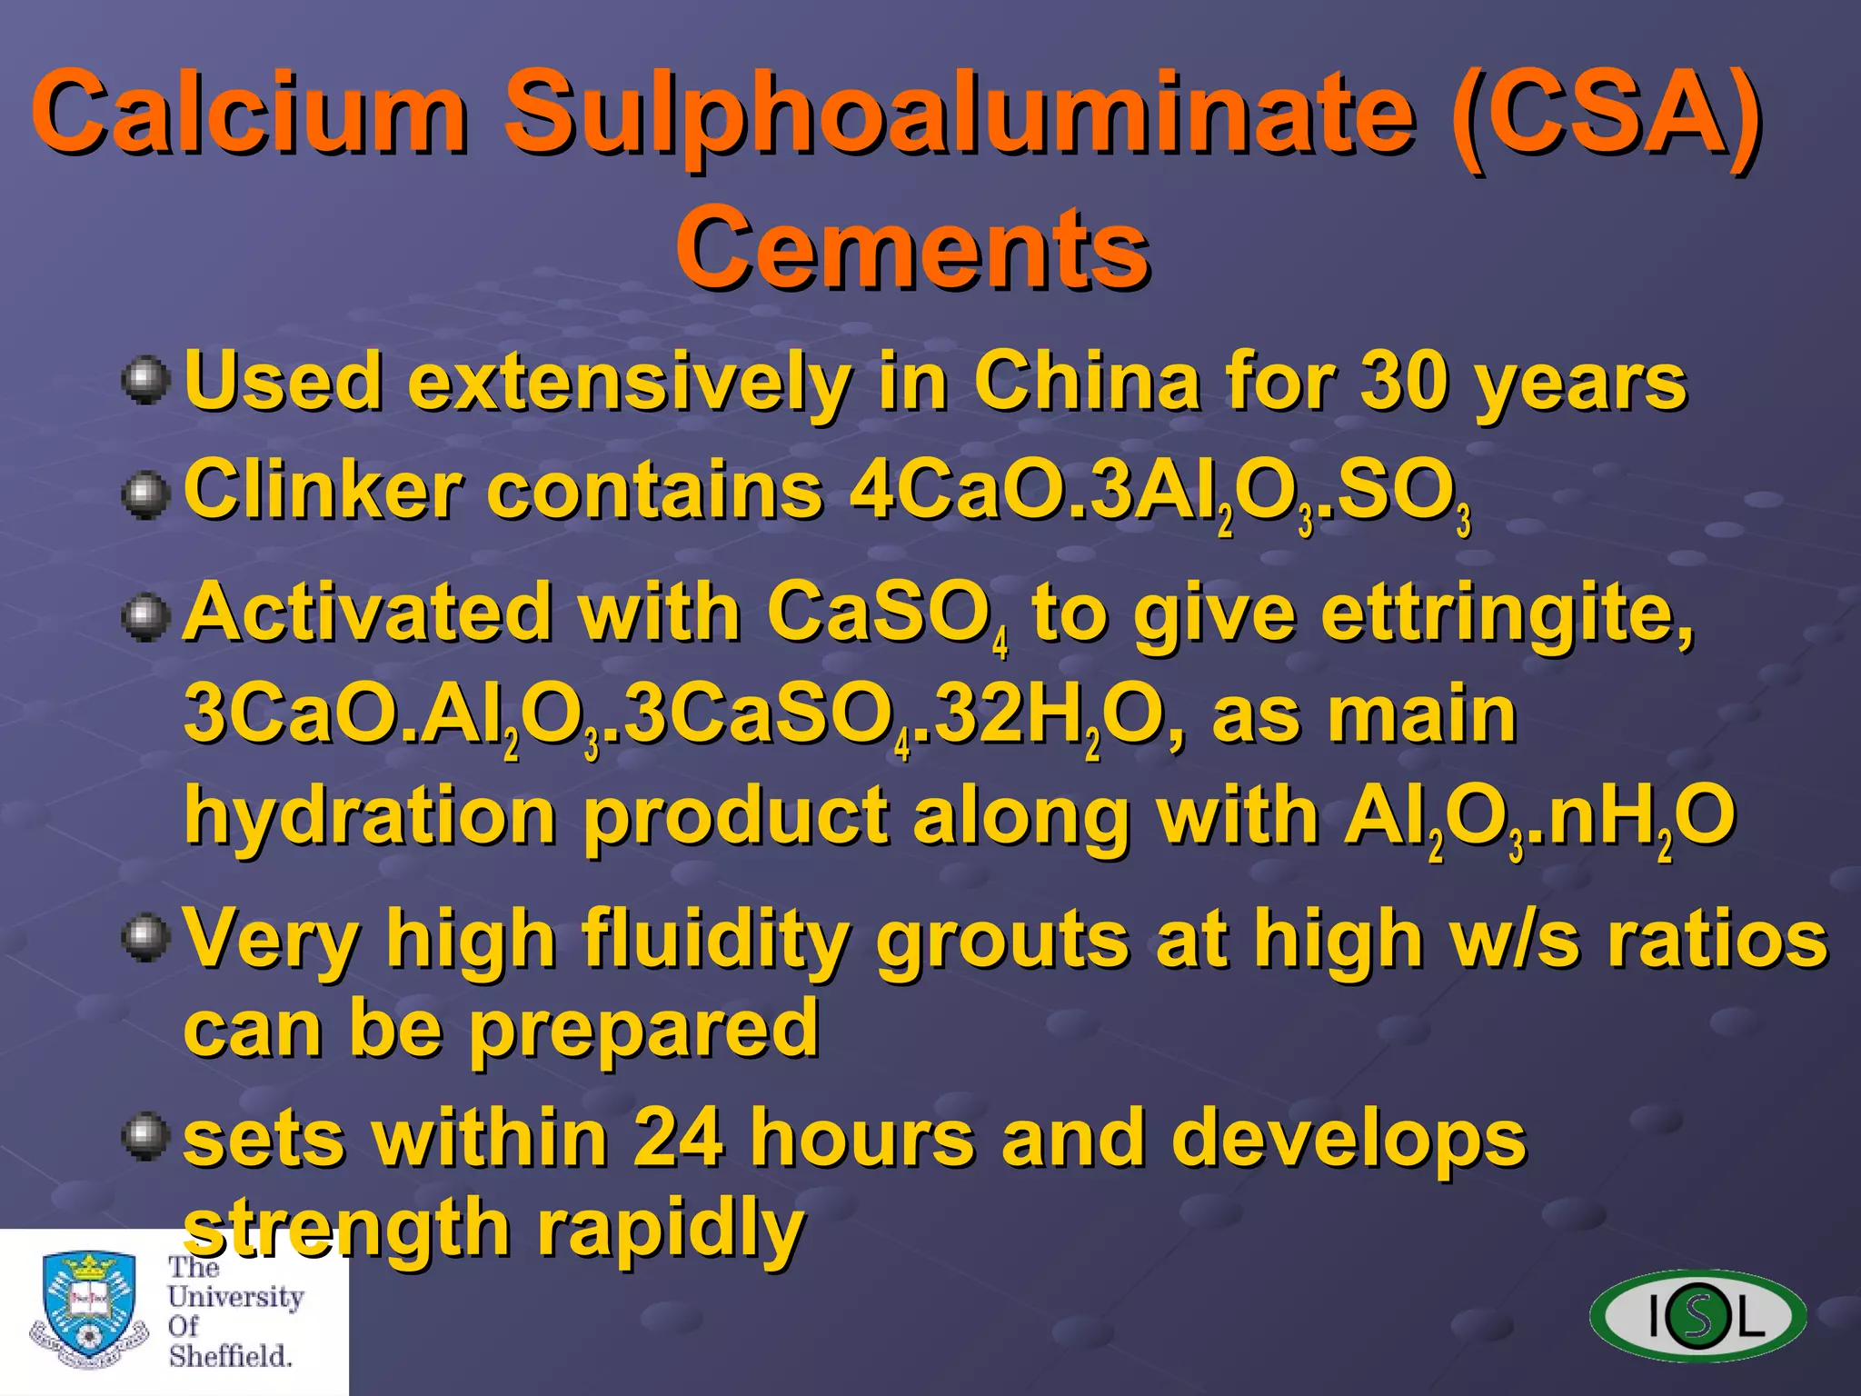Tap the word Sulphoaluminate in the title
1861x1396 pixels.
coord(960,115)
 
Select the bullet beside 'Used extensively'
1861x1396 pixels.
coord(145,381)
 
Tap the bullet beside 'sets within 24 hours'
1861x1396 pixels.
coord(145,1137)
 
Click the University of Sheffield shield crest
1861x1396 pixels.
coord(89,1309)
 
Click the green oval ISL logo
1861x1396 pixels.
coord(1697,1315)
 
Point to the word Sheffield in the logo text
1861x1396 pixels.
coord(230,1356)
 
